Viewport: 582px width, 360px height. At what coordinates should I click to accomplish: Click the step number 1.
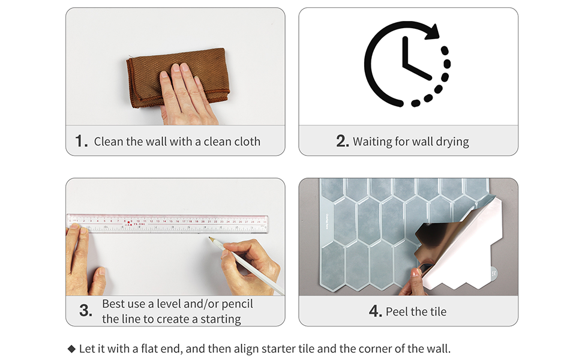tap(81, 142)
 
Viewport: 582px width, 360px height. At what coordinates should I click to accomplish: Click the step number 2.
tap(343, 142)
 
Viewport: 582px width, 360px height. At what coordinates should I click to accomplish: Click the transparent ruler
tap(168, 223)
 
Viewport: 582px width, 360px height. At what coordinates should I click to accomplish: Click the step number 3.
tap(85, 311)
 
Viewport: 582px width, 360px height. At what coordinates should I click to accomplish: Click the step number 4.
tap(376, 311)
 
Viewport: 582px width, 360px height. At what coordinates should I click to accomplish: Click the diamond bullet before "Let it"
tap(71, 349)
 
